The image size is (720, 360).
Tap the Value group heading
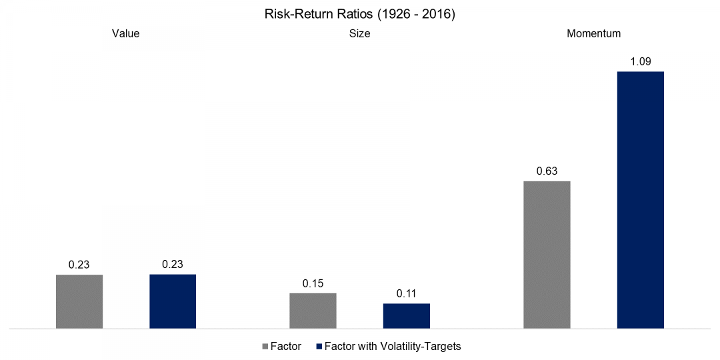pos(125,33)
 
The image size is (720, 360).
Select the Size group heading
pos(359,33)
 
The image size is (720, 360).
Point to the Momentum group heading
pos(593,33)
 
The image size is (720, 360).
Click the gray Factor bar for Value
pos(79,301)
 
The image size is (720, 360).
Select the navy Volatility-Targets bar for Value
pos(173,301)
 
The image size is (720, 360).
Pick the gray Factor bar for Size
pos(313,311)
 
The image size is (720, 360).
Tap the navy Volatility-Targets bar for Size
pos(406,316)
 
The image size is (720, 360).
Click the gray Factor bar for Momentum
pos(547,255)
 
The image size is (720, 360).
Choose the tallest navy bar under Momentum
pos(640,200)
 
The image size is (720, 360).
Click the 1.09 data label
pos(640,62)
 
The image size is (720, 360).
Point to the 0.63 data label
pos(547,171)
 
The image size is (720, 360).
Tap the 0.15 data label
pos(313,283)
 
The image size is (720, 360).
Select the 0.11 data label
pos(406,294)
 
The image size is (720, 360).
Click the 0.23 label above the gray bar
pos(79,265)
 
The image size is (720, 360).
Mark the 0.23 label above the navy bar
pos(173,265)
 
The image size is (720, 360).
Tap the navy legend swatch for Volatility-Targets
pos(318,347)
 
